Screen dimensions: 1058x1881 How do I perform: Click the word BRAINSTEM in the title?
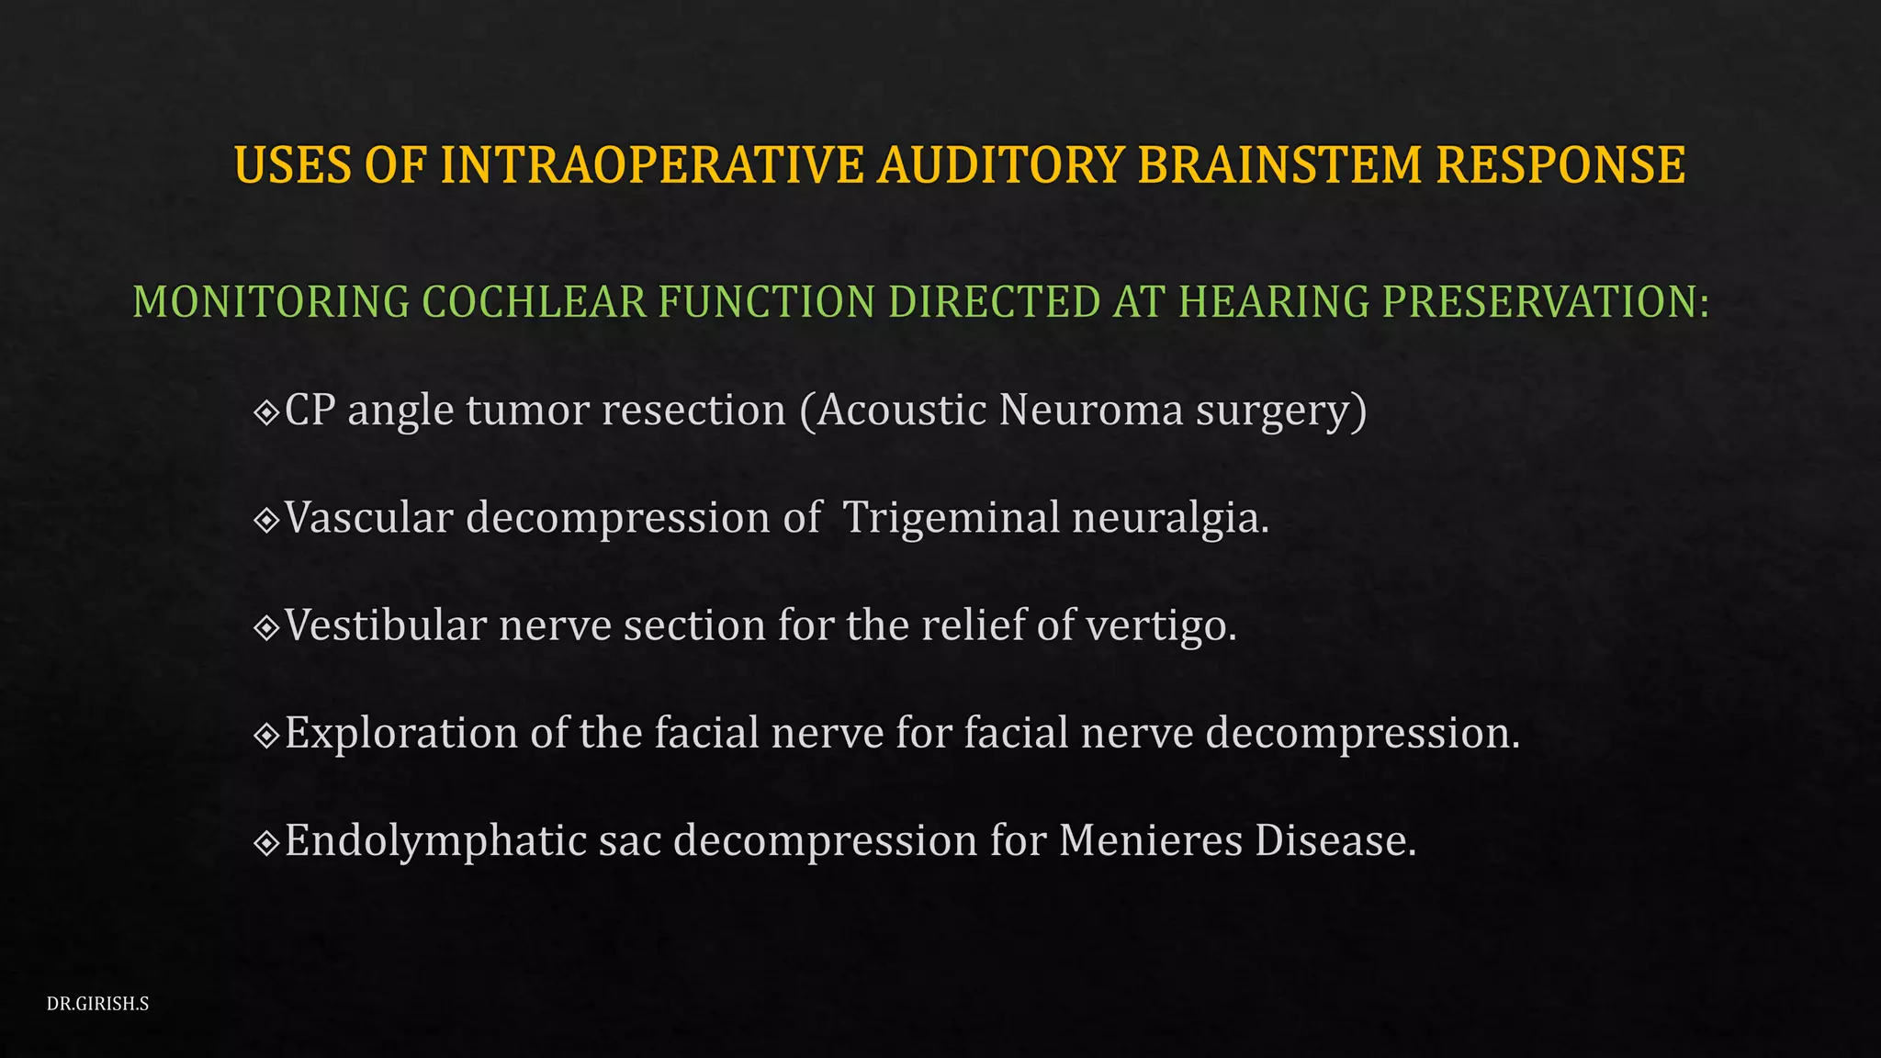click(x=1279, y=165)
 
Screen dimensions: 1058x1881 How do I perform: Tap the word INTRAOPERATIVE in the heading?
click(x=652, y=165)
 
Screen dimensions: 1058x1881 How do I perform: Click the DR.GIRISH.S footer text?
click(x=97, y=1004)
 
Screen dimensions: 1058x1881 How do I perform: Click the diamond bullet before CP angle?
click(x=266, y=412)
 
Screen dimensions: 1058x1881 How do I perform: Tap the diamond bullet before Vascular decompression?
click(x=266, y=520)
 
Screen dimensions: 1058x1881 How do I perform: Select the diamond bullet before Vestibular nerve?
click(x=266, y=627)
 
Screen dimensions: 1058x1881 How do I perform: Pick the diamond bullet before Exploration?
click(x=266, y=735)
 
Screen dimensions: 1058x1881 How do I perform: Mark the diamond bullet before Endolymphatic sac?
click(x=266, y=842)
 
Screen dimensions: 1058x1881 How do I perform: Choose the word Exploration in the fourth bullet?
click(x=401, y=733)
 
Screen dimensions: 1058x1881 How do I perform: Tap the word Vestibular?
click(x=386, y=625)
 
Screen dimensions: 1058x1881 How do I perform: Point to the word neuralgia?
click(x=1170, y=518)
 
